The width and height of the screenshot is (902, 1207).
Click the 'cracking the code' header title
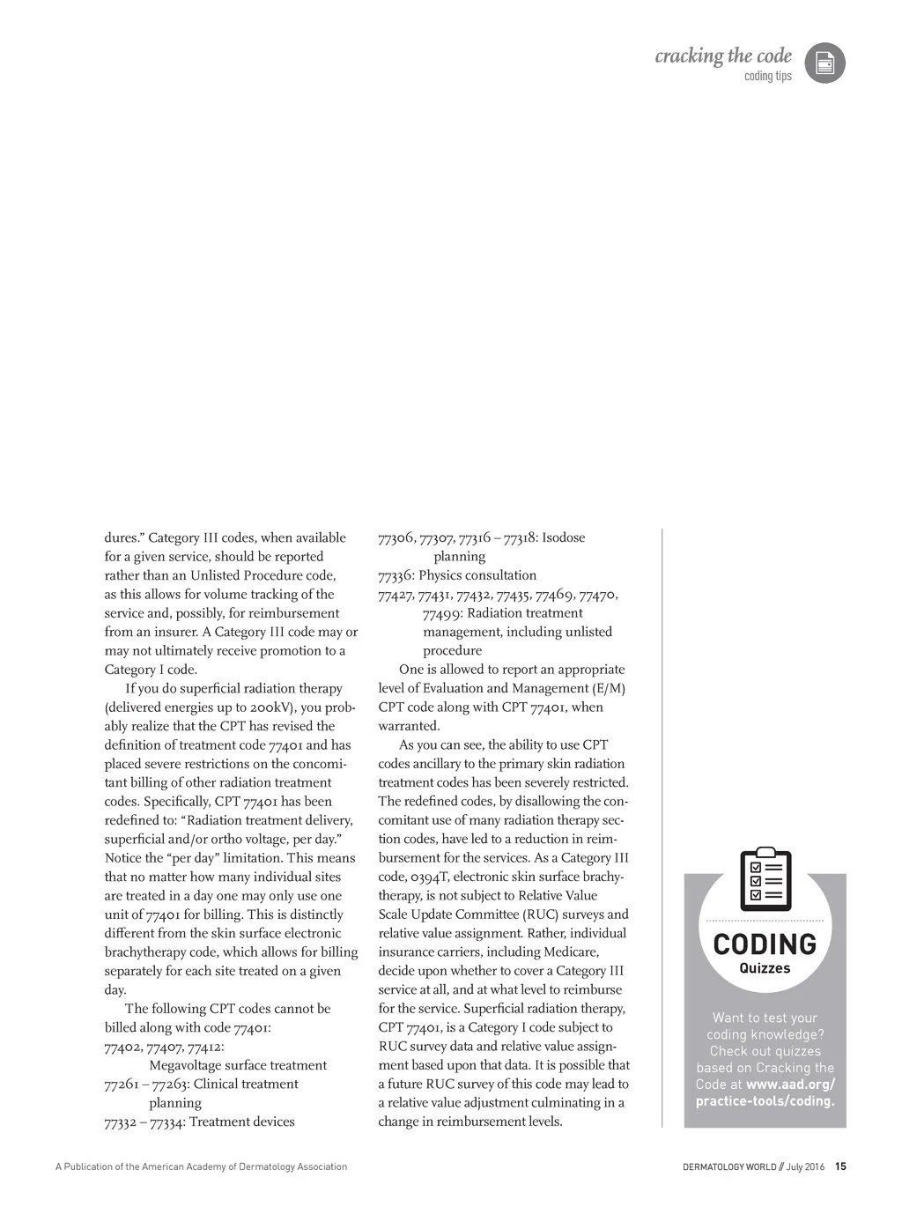click(x=722, y=56)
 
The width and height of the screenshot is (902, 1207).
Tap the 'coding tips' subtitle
click(x=767, y=77)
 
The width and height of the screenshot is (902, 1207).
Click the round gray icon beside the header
click(x=824, y=63)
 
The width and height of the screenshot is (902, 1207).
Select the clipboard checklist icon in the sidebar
click(x=765, y=880)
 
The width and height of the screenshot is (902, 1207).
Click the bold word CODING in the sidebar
click(x=765, y=944)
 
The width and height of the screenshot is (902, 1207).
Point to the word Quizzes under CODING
click(x=765, y=968)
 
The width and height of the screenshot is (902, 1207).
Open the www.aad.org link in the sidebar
click(x=789, y=1085)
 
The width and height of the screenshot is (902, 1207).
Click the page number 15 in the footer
click(x=840, y=1167)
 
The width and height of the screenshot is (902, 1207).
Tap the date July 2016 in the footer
click(x=806, y=1167)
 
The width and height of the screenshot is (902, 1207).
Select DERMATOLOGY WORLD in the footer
click(x=729, y=1167)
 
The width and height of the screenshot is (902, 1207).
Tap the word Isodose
click(x=563, y=537)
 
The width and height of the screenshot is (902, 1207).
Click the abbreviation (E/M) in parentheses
click(x=607, y=688)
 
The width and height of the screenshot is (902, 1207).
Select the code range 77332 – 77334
click(x=143, y=1122)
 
